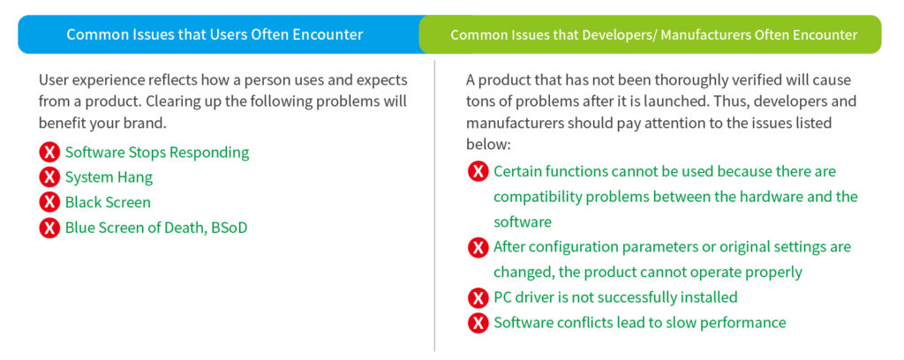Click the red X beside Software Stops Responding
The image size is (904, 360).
point(49,153)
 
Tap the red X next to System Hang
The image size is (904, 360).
point(49,177)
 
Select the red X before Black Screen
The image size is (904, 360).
point(49,203)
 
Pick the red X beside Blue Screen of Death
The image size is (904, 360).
point(49,229)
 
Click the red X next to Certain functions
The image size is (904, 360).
point(478,172)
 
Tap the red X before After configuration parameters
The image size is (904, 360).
point(478,248)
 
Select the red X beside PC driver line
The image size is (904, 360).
point(478,297)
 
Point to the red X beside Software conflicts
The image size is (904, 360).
point(478,323)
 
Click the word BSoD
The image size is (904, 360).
point(229,229)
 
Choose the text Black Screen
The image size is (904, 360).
point(108,203)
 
